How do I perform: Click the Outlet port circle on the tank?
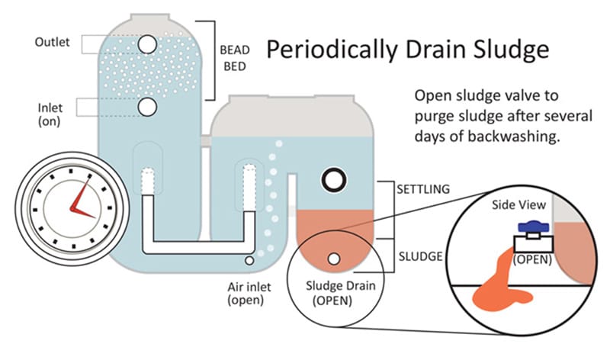pos(147,45)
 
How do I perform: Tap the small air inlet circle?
pos(249,262)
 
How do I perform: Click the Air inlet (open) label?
pos(249,293)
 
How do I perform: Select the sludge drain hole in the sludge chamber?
pos(333,259)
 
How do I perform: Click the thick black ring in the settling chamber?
pos(333,181)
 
